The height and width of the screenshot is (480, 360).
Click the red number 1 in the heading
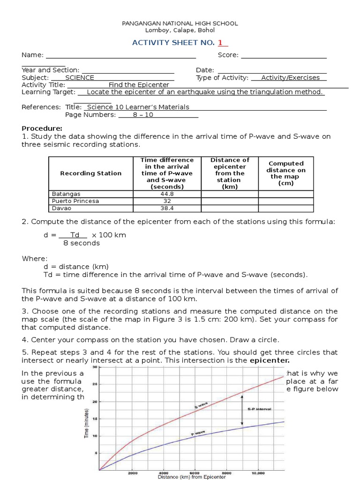219,43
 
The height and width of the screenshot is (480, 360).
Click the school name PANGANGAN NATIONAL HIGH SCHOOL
180,23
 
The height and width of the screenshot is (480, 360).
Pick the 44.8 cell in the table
167,194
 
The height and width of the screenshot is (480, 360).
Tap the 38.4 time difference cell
167,209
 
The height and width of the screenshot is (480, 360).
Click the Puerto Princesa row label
75,201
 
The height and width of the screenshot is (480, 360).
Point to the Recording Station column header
90,173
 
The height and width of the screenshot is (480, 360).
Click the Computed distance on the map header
286,173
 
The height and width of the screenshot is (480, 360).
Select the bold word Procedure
42,128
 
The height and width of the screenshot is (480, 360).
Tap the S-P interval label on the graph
259,409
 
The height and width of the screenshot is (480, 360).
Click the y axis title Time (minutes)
87,421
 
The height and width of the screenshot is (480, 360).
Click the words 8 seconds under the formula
82,243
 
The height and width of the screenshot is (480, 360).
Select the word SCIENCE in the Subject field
80,78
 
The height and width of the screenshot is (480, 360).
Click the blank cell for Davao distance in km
230,209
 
